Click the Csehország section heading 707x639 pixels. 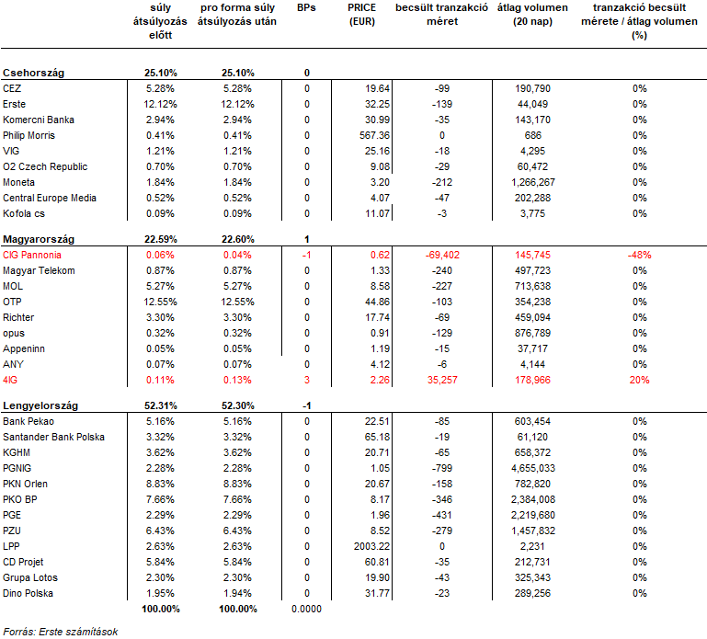tap(33, 73)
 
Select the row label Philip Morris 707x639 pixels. tap(29, 135)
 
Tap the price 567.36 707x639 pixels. tap(374, 135)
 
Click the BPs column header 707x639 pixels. tap(306, 7)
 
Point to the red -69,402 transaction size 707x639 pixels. tap(442, 255)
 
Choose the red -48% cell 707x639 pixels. tap(639, 255)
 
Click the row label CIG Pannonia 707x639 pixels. tap(32, 255)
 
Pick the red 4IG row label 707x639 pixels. tap(10, 380)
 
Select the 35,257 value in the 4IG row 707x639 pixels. tap(442, 380)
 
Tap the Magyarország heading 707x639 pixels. tap(39, 239)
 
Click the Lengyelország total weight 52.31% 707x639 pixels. tap(161, 405)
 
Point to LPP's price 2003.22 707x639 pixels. tap(371, 546)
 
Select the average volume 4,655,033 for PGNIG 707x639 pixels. tap(533, 468)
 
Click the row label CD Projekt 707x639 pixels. tap(23, 562)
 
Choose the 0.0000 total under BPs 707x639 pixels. tap(306, 609)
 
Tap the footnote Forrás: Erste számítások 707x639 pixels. tap(61, 632)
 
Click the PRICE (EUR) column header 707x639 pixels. tap(362, 15)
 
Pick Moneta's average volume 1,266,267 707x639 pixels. tap(533, 182)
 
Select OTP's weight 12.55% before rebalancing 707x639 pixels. tap(161, 302)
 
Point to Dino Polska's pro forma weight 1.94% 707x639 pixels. tap(237, 593)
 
